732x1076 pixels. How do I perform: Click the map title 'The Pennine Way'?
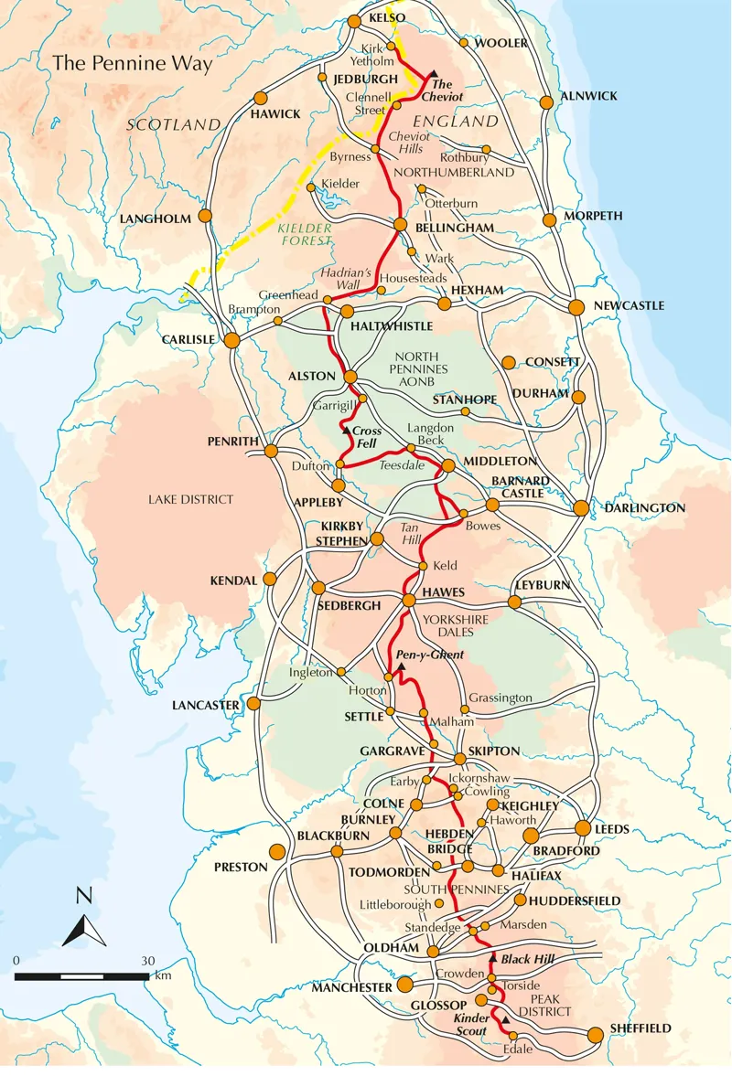click(132, 64)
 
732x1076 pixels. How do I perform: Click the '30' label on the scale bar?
click(147, 961)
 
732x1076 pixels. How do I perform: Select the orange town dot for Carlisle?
click(231, 340)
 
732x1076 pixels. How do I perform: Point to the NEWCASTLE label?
click(630, 305)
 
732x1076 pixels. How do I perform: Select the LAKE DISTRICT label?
click(191, 499)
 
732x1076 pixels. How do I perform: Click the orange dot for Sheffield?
click(595, 1034)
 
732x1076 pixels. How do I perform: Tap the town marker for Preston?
click(277, 852)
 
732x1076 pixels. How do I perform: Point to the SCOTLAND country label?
click(174, 124)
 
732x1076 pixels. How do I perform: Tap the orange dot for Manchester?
click(405, 985)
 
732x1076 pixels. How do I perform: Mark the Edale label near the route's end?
click(515, 1049)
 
